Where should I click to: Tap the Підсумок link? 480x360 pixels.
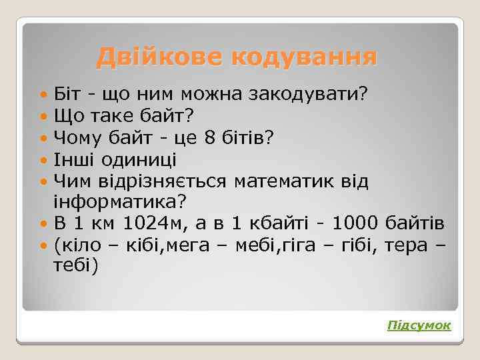[x=419, y=325]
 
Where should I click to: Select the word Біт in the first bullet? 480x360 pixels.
[x=69, y=93]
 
